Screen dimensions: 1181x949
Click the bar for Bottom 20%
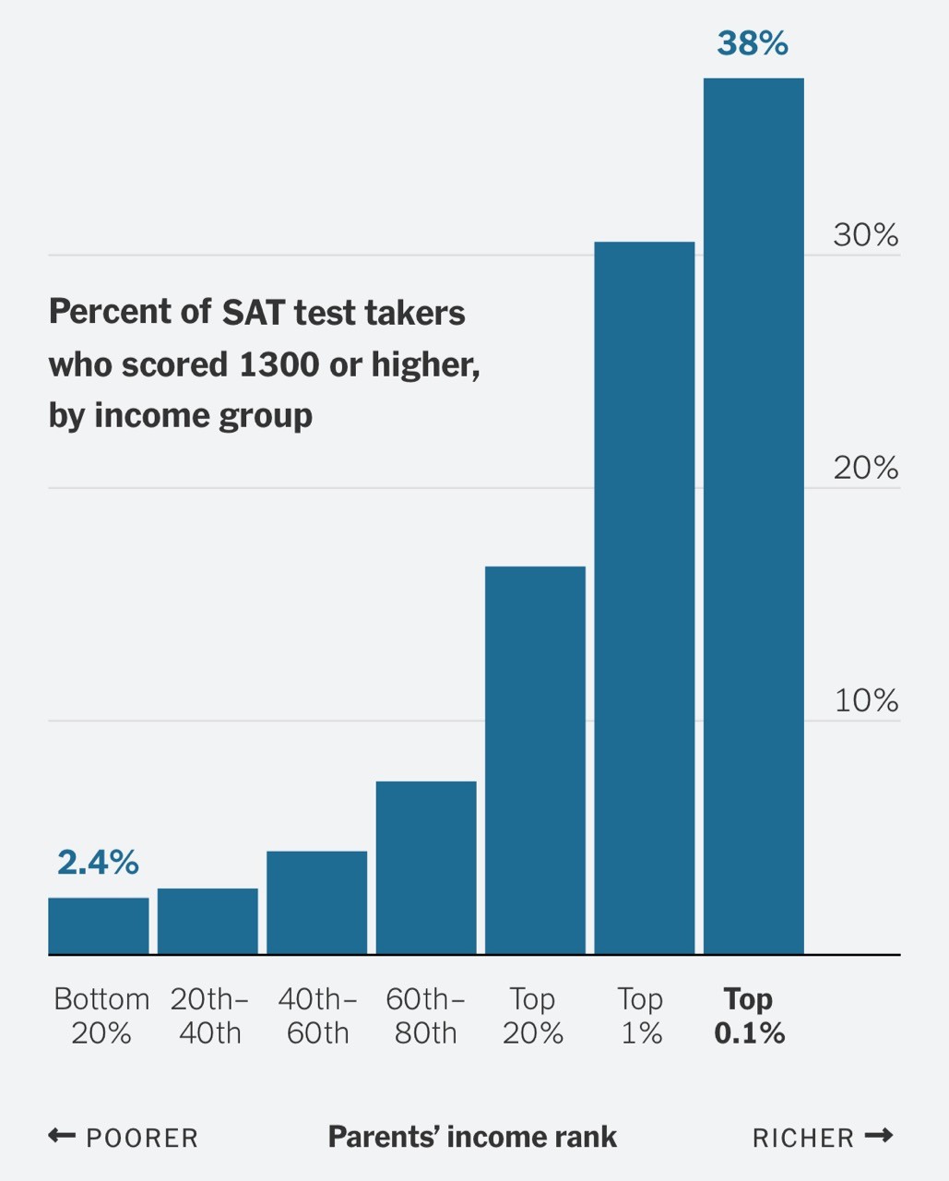click(99, 925)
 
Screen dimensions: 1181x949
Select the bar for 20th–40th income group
click(208, 921)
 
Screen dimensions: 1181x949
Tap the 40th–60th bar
click(316, 902)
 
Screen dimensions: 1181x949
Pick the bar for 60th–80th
click(426, 867)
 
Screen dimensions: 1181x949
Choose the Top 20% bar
click(535, 759)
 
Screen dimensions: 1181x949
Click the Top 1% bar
click(644, 597)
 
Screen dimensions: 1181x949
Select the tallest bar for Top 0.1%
click(753, 516)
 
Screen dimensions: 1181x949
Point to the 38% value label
click(753, 43)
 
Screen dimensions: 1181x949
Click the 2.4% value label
click(98, 862)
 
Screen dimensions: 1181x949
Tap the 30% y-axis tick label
click(865, 235)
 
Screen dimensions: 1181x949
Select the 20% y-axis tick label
click(865, 469)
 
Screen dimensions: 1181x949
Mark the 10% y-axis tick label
click(866, 701)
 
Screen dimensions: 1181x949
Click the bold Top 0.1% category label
click(749, 1016)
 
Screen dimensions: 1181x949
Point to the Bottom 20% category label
click(101, 1016)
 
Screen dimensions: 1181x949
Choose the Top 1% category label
click(640, 1016)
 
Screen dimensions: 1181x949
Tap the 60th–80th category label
click(425, 1016)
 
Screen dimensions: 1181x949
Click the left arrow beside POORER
click(62, 1136)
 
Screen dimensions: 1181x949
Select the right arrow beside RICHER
click(879, 1136)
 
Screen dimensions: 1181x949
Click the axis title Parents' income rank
click(472, 1137)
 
